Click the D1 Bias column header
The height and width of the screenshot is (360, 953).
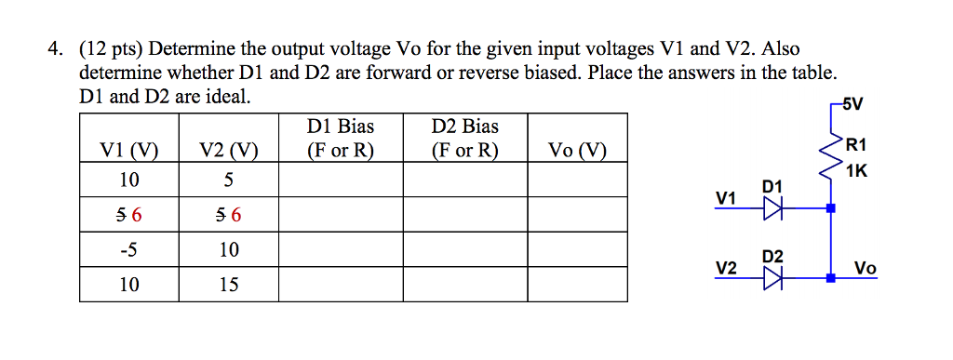[x=340, y=138]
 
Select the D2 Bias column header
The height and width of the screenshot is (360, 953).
[x=464, y=138]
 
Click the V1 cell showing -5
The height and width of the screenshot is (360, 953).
[x=128, y=249]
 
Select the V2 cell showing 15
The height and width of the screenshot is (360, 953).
[x=228, y=285]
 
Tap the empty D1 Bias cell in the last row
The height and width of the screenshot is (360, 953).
[x=340, y=285]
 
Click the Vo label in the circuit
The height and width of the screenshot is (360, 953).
[x=865, y=268]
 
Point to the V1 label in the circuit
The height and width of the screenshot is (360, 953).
[x=726, y=198]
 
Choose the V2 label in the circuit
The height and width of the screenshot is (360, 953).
[x=726, y=268]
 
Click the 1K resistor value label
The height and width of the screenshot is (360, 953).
[x=858, y=170]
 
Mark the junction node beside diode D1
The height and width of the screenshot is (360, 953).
[x=831, y=209]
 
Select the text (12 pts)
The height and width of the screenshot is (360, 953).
[x=112, y=49]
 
